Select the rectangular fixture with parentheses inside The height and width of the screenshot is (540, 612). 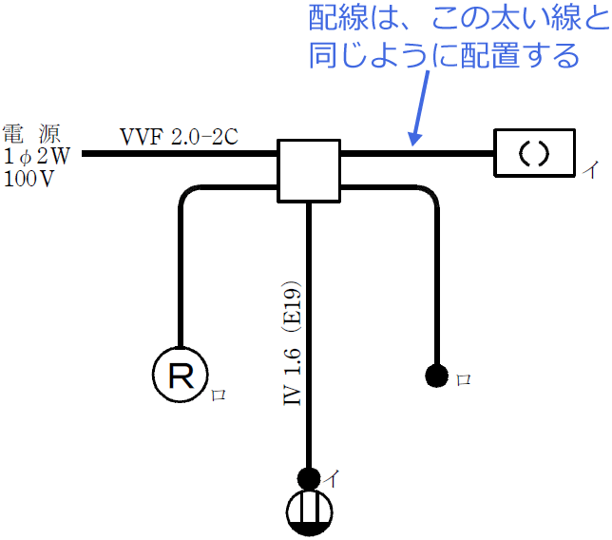(x=535, y=153)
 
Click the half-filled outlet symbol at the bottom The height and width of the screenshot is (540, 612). (x=309, y=511)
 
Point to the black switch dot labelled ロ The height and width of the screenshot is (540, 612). (x=437, y=376)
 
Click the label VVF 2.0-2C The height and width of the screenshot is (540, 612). (x=178, y=137)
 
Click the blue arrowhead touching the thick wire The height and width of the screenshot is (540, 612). (x=413, y=141)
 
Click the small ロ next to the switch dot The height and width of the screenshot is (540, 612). (x=463, y=378)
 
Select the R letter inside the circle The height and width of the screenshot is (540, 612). (x=182, y=375)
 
